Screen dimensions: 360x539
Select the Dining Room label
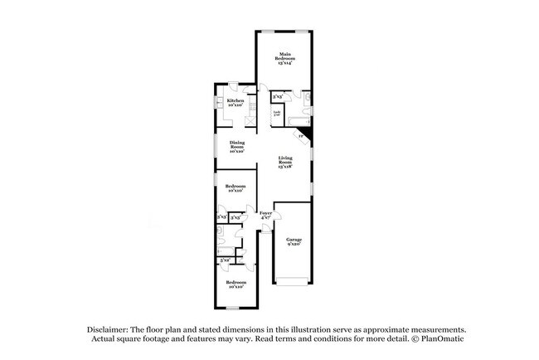(236, 144)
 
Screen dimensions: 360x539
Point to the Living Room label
(284, 159)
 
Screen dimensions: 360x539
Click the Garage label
(294, 239)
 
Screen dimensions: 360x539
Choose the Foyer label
(265, 213)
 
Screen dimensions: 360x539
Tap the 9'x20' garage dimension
(294, 246)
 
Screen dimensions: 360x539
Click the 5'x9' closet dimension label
(224, 260)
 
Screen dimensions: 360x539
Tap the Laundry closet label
(277, 111)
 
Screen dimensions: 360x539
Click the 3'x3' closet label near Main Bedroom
(277, 97)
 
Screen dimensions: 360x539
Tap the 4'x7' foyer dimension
(265, 219)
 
